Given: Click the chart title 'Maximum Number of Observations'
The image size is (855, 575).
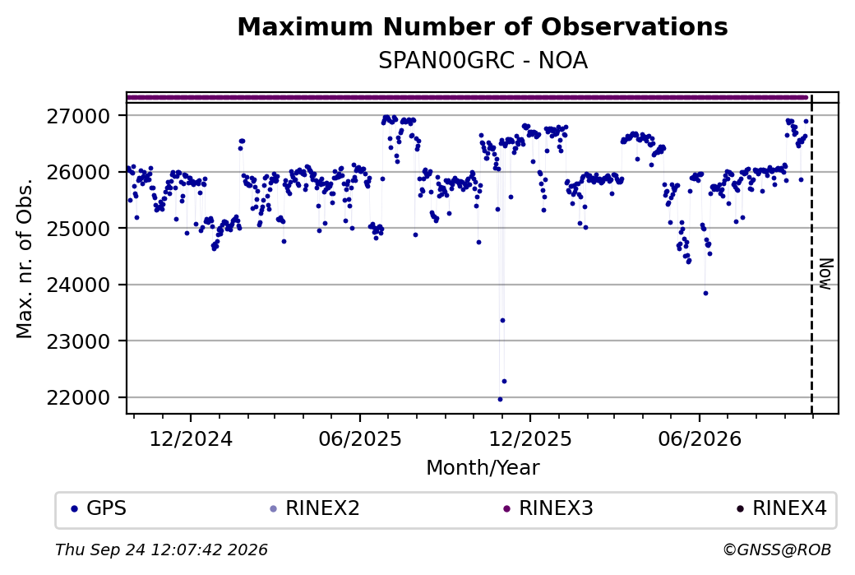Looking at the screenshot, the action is click(x=483, y=26).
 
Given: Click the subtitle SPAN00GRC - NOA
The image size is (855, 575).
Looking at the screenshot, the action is click(x=483, y=61).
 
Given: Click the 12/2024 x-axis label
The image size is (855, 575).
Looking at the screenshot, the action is click(x=191, y=439).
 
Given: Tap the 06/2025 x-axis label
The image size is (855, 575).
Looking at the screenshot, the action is click(x=360, y=439).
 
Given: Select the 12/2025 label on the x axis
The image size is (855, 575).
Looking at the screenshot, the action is click(x=530, y=439).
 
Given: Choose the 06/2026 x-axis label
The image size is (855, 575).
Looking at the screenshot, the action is click(x=700, y=439).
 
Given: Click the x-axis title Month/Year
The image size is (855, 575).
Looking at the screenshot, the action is click(x=483, y=468).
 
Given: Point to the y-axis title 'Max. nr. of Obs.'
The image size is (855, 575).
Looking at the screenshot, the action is click(x=25, y=258).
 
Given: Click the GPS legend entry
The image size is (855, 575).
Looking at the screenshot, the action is click(x=99, y=508).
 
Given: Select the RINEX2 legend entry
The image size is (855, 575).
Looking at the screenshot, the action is click(x=315, y=508).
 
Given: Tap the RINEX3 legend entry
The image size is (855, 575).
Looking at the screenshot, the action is click(x=548, y=508).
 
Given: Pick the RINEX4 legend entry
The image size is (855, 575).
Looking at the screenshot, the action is click(x=781, y=508).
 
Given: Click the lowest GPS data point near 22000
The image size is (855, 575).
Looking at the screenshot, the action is click(x=500, y=399).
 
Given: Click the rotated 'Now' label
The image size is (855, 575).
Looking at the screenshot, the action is click(x=826, y=274).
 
